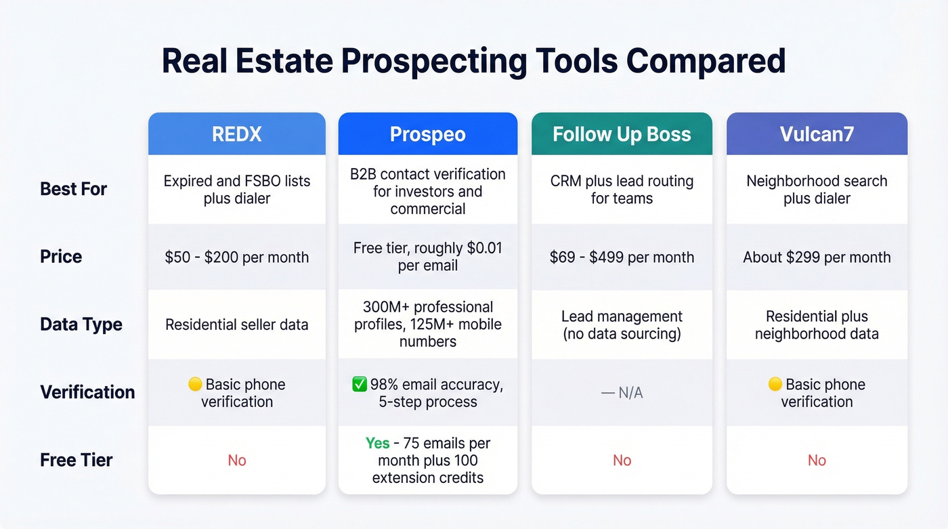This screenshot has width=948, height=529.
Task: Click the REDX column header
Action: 236,134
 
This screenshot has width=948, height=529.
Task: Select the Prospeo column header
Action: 427,134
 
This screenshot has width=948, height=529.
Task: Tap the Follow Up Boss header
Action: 622,134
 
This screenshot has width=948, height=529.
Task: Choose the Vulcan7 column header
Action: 817,134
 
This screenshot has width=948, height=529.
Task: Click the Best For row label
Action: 73,189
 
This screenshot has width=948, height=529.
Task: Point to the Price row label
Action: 61,257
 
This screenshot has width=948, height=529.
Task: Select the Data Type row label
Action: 81,324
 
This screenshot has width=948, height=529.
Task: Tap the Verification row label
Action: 87,392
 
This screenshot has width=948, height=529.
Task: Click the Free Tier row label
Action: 77,460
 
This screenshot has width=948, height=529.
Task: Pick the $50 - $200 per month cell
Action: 236,257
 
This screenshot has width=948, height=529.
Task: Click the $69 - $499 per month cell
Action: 622,257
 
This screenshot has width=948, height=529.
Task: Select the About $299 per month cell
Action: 817,257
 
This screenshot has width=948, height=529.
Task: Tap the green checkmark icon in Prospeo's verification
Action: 360,385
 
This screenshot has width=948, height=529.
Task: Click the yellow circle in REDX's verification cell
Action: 195,385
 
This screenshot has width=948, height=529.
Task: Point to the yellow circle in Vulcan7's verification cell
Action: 775,385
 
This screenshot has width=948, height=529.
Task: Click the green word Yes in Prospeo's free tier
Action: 377,443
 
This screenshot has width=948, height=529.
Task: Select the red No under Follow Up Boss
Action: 622,461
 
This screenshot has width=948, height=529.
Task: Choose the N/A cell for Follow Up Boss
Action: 622,393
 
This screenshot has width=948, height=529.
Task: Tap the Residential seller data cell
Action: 236,324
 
